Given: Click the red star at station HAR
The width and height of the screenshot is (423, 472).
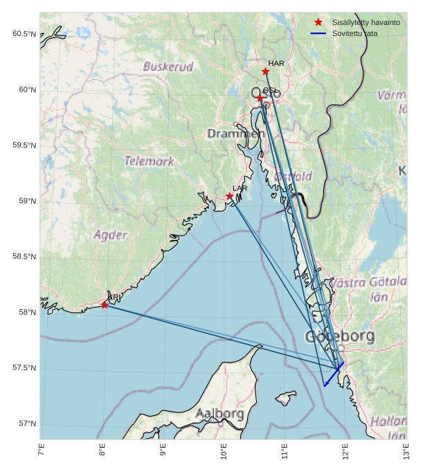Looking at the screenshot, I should [265, 71].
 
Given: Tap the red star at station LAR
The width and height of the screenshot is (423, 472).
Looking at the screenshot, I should [229, 196].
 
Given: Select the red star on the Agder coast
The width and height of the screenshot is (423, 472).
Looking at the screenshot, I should [105, 304].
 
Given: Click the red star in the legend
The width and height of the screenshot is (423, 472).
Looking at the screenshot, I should [318, 23].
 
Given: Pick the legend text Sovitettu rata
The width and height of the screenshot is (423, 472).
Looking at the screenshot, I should [355, 33].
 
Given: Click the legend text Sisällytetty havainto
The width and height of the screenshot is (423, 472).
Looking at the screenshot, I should [366, 23].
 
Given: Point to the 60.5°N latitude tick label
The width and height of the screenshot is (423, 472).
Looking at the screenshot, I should [24, 34].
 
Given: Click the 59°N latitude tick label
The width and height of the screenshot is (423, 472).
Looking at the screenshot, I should [26, 201].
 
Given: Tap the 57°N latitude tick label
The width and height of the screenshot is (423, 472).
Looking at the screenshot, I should [26, 423].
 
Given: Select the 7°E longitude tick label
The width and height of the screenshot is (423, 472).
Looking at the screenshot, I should [41, 453].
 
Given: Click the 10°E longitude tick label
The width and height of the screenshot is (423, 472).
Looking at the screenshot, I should [224, 453].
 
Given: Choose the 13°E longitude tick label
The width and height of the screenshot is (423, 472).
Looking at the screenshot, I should [406, 453].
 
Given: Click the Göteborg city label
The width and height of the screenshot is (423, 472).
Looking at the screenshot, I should [340, 338].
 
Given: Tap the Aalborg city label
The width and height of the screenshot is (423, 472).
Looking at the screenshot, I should [219, 414].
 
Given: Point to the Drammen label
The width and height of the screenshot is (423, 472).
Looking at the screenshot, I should [235, 133].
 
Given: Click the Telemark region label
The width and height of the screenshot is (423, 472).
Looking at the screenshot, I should [150, 161].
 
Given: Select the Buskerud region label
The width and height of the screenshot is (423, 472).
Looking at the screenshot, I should [168, 67].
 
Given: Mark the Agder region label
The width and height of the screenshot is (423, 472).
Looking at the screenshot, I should [110, 234].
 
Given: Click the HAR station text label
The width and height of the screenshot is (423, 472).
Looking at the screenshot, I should [276, 64].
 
